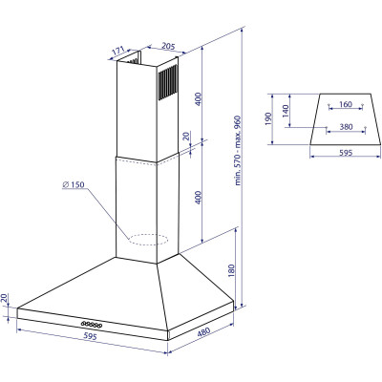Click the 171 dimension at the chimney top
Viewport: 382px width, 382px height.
pyautogui.click(x=118, y=51)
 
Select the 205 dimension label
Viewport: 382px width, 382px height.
pyautogui.click(x=168, y=47)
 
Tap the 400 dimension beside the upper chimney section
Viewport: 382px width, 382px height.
pyautogui.click(x=199, y=99)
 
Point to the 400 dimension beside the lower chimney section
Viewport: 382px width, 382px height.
pyautogui.click(x=199, y=198)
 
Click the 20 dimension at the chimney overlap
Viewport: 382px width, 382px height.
pyautogui.click(x=186, y=137)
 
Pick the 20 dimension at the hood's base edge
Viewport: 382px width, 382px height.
pyautogui.click(x=4, y=298)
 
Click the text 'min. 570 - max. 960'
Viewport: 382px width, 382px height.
pyautogui.click(x=238, y=151)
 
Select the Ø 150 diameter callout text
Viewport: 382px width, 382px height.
pyautogui.click(x=74, y=184)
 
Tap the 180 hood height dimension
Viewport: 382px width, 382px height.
pyautogui.click(x=231, y=270)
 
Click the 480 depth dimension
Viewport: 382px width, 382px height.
pyautogui.click(x=203, y=332)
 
